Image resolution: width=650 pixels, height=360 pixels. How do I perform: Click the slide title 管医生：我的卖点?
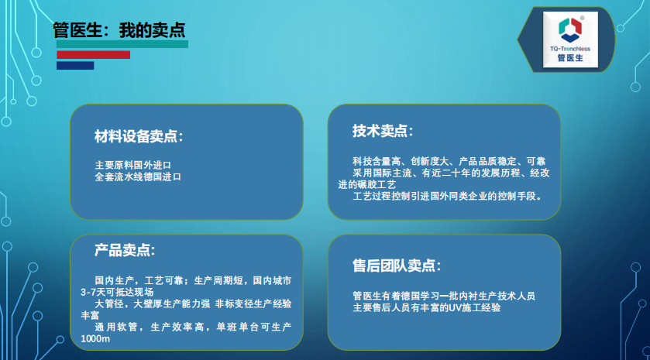(119, 30)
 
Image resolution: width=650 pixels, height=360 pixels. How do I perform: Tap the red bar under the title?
(93, 55)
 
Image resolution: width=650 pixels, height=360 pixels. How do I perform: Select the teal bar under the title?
(122, 44)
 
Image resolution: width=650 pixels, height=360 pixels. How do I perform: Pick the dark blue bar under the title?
(75, 66)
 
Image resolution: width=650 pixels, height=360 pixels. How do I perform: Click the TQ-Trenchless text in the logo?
(570, 49)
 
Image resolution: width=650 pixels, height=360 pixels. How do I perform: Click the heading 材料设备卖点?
(139, 136)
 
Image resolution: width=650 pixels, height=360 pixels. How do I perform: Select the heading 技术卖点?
(383, 131)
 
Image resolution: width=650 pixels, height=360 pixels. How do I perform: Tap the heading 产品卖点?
(125, 250)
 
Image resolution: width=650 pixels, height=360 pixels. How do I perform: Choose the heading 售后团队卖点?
(397, 266)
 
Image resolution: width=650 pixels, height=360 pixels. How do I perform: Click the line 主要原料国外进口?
(133, 166)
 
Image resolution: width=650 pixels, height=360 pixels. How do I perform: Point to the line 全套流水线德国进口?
(138, 177)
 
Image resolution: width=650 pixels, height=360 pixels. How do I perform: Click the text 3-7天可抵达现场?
(117, 292)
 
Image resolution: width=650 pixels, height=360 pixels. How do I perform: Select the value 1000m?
(95, 338)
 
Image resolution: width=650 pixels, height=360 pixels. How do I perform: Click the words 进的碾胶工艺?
(367, 184)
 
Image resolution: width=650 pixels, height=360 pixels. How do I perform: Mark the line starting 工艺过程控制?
(447, 196)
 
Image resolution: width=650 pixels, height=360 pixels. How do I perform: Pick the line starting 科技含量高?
(449, 161)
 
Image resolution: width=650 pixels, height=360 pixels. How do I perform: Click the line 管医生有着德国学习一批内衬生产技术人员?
(444, 296)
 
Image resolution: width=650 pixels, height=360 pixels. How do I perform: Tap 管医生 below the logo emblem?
(570, 58)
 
